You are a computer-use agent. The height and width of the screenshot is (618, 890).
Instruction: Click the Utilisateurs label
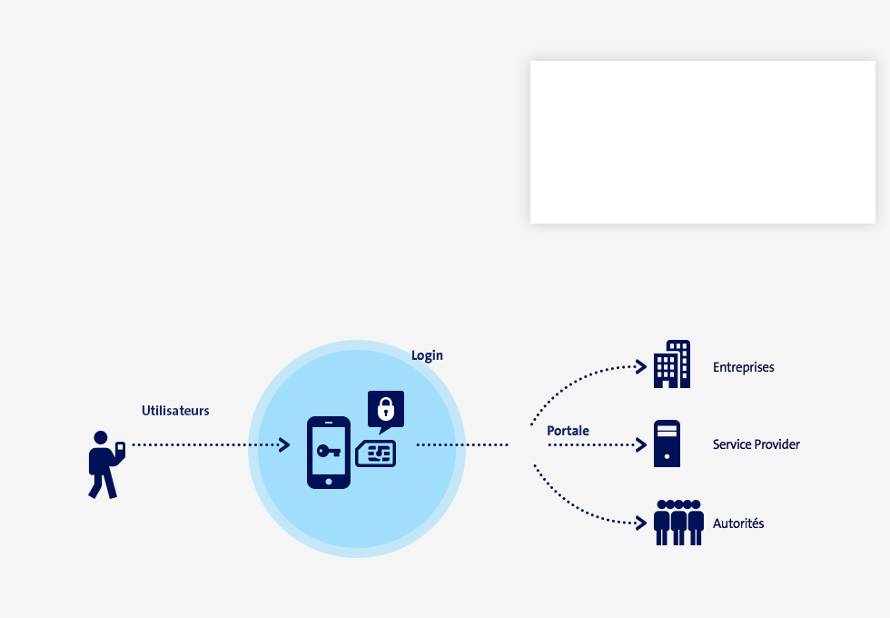[x=175, y=411]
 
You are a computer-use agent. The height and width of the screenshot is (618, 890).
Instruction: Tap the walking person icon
[x=105, y=464]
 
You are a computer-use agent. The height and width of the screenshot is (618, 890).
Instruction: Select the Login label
[x=427, y=355]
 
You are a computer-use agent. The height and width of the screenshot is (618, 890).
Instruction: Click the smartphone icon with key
[x=329, y=453]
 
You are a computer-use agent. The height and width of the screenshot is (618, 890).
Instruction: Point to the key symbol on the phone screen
[x=329, y=451]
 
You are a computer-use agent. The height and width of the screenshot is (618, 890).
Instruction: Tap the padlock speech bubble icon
[x=386, y=411]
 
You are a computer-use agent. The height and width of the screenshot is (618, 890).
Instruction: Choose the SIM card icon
[x=376, y=454]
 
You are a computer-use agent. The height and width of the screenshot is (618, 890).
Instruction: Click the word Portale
[x=568, y=431]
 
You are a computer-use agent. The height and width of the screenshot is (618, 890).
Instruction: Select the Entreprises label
[x=744, y=367]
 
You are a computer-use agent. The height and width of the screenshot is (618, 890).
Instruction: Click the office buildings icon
[x=672, y=364]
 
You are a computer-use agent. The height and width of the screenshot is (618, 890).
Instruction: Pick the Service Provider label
[x=756, y=444]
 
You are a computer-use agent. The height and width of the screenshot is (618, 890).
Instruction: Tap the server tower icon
[x=667, y=444]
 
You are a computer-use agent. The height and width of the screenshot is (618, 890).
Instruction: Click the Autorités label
[x=738, y=523]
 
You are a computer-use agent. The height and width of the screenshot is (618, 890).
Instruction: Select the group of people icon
[x=679, y=523]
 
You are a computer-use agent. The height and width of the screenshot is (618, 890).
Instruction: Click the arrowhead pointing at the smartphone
[x=284, y=444]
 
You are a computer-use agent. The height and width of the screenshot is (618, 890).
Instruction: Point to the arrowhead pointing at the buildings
[x=641, y=367]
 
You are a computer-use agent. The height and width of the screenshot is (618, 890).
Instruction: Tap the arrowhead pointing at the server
[x=641, y=444]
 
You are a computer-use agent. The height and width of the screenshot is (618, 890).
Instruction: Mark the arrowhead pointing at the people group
[x=641, y=523]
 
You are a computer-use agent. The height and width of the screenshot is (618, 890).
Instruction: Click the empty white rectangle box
[x=703, y=142]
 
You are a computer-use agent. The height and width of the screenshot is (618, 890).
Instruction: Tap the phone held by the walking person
[x=120, y=449]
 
